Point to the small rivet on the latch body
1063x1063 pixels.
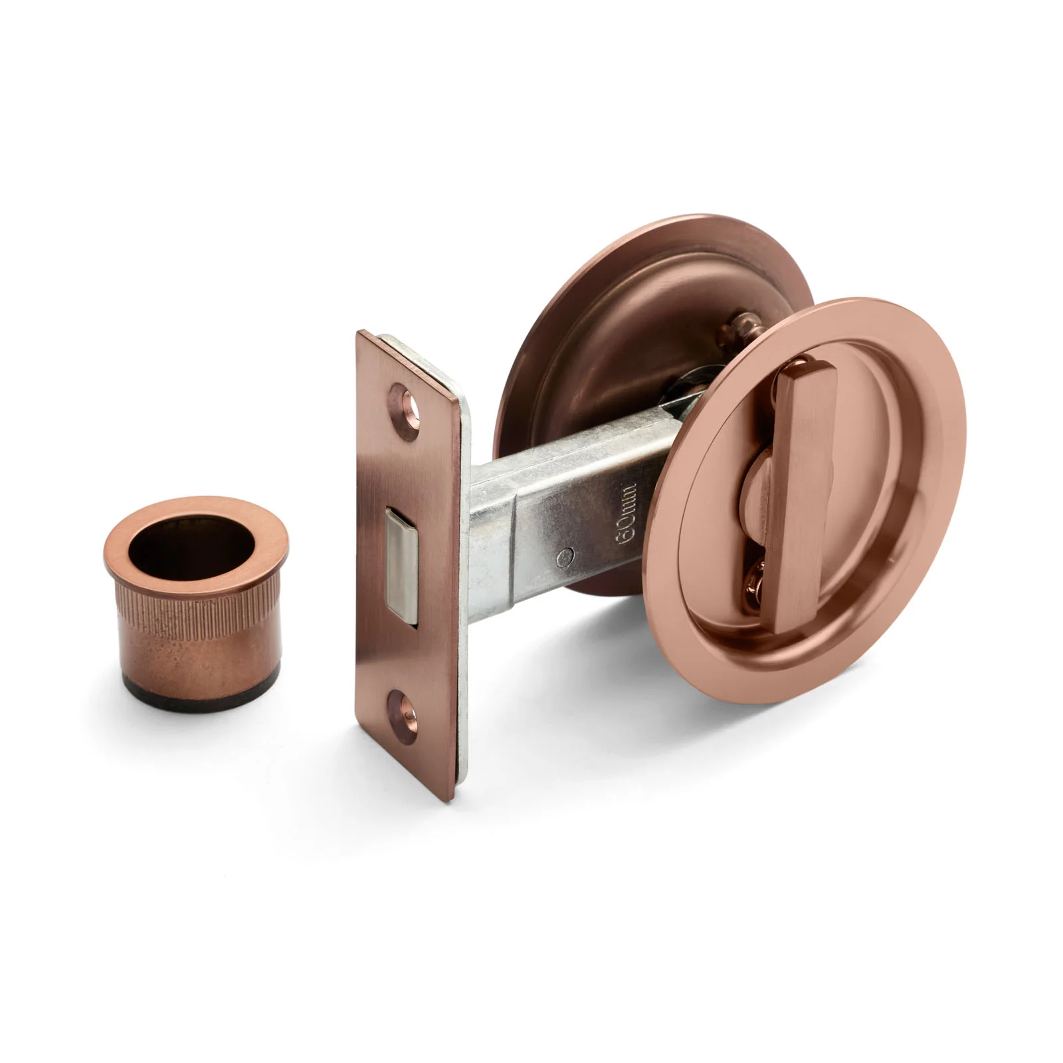click(x=565, y=557)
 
